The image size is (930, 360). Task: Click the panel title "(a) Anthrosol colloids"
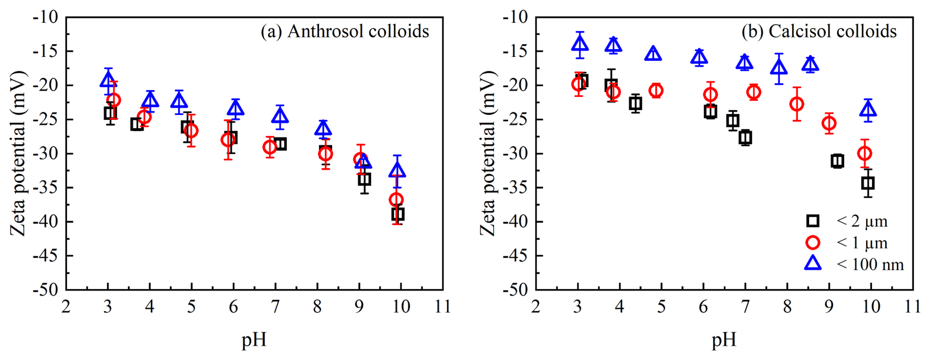coord(344,31)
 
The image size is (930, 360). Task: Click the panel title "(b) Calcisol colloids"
coord(819,31)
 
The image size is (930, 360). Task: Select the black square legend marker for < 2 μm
coord(813,221)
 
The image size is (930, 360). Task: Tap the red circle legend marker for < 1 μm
coord(813,243)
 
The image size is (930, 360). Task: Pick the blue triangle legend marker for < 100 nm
coord(813,264)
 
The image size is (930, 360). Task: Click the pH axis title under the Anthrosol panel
coord(254,340)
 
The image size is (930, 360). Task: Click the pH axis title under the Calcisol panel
coord(724,340)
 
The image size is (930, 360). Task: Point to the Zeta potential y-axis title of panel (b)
coord(487,154)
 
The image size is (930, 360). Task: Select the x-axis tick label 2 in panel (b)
coord(536,307)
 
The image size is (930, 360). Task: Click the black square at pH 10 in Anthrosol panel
coord(398,214)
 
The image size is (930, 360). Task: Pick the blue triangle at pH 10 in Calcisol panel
coord(869,110)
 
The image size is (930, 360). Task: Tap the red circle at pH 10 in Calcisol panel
coord(865,153)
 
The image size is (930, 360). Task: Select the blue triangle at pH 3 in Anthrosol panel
coord(108,81)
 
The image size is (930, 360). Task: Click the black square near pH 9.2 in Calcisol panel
coord(837,161)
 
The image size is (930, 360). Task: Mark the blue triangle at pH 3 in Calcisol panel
coord(580,44)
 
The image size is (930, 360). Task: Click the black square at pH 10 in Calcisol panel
coord(868,183)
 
